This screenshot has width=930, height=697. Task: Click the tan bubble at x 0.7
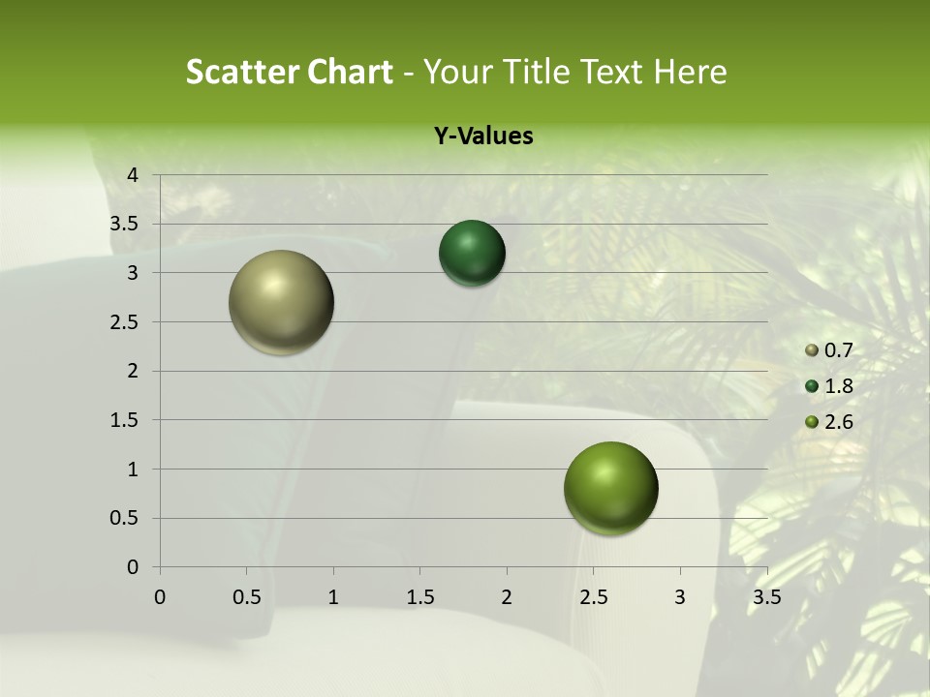click(282, 302)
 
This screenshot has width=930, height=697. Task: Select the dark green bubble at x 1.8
click(472, 254)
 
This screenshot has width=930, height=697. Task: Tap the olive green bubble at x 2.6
click(610, 488)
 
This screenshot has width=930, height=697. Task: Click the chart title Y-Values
click(483, 136)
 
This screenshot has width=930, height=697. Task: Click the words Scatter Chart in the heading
click(290, 72)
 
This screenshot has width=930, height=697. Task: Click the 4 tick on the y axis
click(134, 175)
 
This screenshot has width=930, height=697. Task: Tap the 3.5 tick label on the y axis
click(125, 224)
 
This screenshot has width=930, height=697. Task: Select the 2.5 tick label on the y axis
click(125, 321)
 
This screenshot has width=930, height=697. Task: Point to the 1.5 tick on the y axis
click(125, 420)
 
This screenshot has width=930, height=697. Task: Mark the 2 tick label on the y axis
click(134, 371)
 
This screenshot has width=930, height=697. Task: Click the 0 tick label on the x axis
click(161, 597)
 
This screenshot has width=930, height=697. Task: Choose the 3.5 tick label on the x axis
click(767, 597)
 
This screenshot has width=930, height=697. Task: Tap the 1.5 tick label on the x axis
click(420, 597)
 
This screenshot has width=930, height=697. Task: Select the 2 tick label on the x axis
click(507, 597)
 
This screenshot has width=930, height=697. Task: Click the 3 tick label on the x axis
click(680, 597)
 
